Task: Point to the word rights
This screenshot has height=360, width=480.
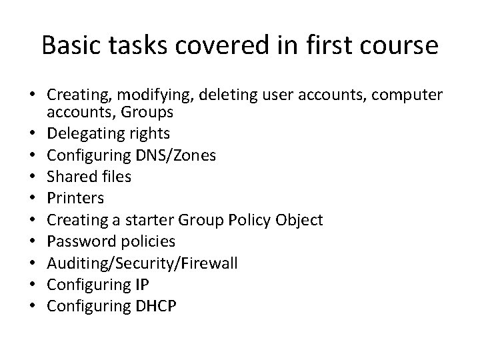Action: pos(151,134)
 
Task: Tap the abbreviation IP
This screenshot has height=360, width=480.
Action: pos(141,284)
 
